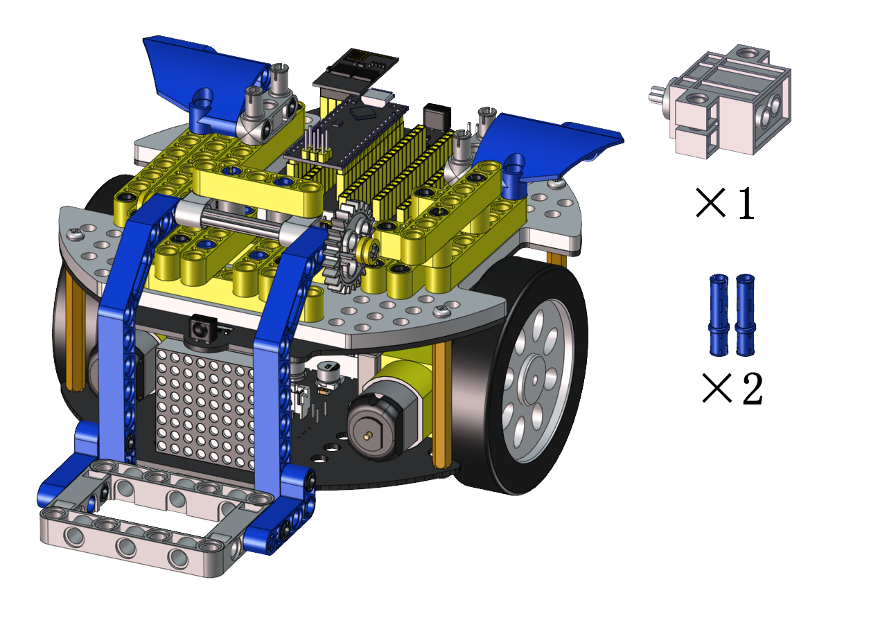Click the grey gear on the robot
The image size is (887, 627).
point(349,246)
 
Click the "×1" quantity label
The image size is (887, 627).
point(726,203)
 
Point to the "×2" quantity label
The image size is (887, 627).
point(732,388)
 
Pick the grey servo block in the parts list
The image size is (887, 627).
point(720,102)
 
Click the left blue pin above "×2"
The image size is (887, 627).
point(718,315)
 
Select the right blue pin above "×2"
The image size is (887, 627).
point(745,315)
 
